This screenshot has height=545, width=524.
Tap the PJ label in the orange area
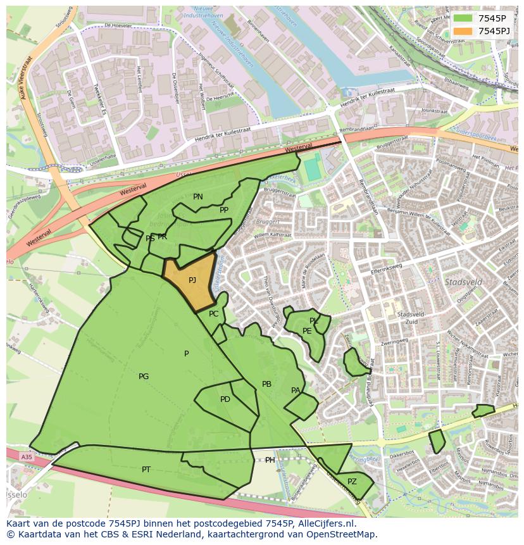[x=192, y=280]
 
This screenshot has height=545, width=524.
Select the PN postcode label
[x=198, y=197]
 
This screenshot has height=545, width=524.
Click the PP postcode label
[x=224, y=210]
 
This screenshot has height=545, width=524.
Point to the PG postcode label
[x=144, y=377]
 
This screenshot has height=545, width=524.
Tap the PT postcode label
[x=146, y=470]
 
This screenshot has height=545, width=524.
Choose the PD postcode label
[x=225, y=399]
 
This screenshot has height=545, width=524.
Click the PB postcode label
[x=266, y=384]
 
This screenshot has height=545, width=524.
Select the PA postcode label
[x=296, y=391]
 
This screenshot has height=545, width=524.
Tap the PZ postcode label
[x=352, y=482]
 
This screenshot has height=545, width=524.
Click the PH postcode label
[x=270, y=460]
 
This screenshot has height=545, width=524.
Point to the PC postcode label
[x=214, y=314]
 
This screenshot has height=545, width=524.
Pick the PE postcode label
[x=307, y=331]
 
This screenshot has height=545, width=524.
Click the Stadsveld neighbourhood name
[x=464, y=282]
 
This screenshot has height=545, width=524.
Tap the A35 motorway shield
[x=26, y=456]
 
